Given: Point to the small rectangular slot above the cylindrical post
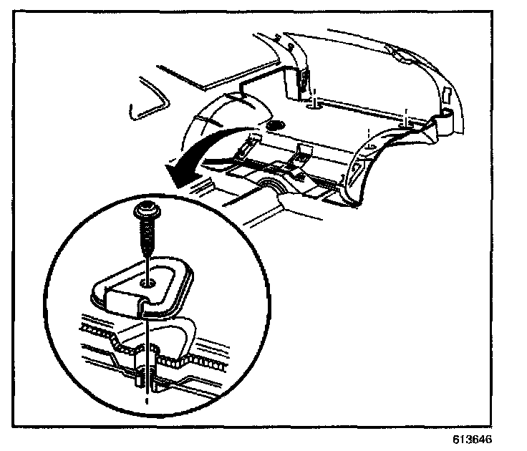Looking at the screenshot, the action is pos(445,94).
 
